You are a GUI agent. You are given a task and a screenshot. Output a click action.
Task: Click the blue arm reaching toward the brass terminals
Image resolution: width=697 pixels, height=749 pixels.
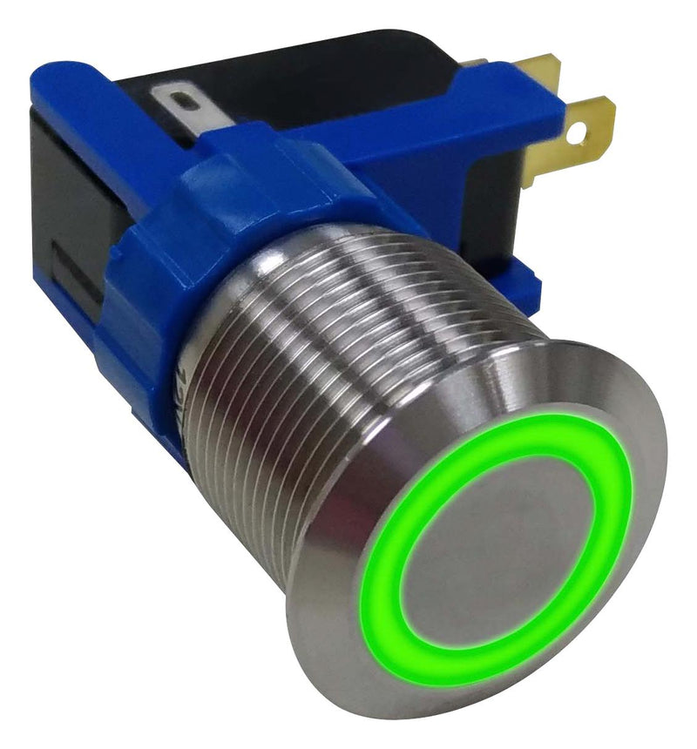tap(453, 122)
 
